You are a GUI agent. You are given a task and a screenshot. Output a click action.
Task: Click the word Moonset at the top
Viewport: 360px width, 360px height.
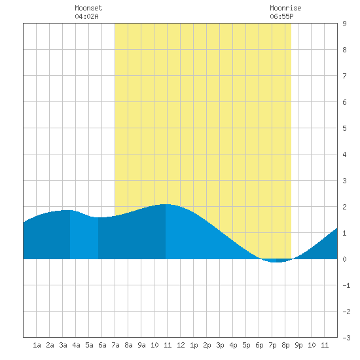[x=88, y=8]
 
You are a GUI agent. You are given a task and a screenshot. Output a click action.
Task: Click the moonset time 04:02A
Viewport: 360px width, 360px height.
[x=86, y=16]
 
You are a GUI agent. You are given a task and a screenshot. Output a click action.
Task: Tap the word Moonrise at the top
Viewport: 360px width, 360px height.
[x=285, y=8]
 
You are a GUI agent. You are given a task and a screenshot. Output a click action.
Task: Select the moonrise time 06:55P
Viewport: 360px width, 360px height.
[x=281, y=16]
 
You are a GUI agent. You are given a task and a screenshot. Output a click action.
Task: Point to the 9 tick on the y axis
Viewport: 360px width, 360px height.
[x=344, y=24]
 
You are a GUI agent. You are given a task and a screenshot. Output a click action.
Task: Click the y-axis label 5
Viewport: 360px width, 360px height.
[x=344, y=128]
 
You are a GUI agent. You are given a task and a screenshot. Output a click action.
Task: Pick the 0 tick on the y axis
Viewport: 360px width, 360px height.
[x=344, y=259]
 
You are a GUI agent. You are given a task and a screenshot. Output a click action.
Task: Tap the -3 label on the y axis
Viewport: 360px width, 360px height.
[x=346, y=338]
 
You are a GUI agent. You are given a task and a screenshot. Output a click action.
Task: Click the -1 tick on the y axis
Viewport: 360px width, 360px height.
[x=346, y=285]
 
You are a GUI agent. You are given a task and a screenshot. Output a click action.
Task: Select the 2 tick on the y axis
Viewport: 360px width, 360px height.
[x=344, y=207]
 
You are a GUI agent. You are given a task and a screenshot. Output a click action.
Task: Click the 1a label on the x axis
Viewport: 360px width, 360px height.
[x=37, y=345]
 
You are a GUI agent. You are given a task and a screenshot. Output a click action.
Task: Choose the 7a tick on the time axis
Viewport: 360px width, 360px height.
[x=115, y=345]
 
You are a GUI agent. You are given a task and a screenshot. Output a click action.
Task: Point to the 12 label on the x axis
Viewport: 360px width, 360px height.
[x=181, y=345]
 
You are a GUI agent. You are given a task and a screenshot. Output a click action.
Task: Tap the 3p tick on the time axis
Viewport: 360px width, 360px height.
[x=220, y=345]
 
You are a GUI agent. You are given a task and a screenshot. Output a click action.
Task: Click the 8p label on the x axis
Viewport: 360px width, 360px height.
[x=285, y=345]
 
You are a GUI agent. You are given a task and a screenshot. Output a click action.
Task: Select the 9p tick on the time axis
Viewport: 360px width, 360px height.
[x=298, y=345]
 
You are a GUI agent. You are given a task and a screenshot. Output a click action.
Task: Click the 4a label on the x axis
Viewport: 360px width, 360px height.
[x=76, y=345]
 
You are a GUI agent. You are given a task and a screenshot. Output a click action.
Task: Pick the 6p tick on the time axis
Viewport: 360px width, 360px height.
[x=259, y=345]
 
